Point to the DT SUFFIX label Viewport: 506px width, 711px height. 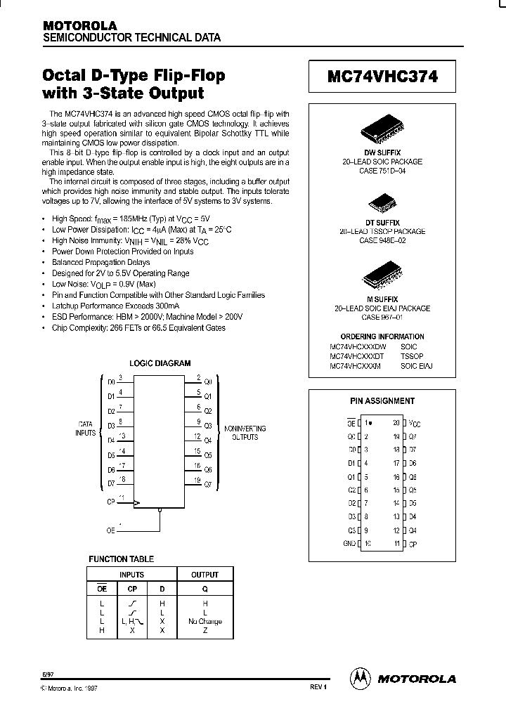pyautogui.click(x=382, y=222)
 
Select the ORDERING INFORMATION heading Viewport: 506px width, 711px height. pyautogui.click(x=382, y=337)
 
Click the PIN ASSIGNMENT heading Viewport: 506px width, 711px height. pyautogui.click(x=382, y=401)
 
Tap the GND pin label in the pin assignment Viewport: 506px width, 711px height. pyautogui.click(x=350, y=543)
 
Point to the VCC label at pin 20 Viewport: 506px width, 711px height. pyautogui.click(x=416, y=424)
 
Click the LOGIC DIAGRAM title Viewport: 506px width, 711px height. pyautogui.click(x=160, y=363)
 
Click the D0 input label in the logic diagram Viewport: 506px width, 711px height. pyautogui.click(x=111, y=384)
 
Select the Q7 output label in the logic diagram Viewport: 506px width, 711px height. pyautogui.click(x=207, y=484)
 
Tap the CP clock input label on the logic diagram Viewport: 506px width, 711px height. pyautogui.click(x=111, y=502)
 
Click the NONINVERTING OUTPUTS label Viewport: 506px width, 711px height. pyautogui.click(x=240, y=432)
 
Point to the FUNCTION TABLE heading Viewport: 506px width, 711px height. pyautogui.click(x=121, y=559)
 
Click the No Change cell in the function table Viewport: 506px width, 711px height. pyautogui.click(x=205, y=621)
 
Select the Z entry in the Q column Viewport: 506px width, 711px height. pyautogui.click(x=205, y=630)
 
